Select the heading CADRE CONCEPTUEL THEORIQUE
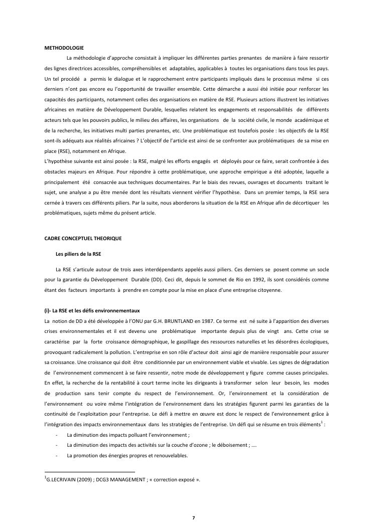click(x=83, y=238)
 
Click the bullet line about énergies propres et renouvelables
click(x=127, y=456)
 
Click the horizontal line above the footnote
click(x=90, y=472)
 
